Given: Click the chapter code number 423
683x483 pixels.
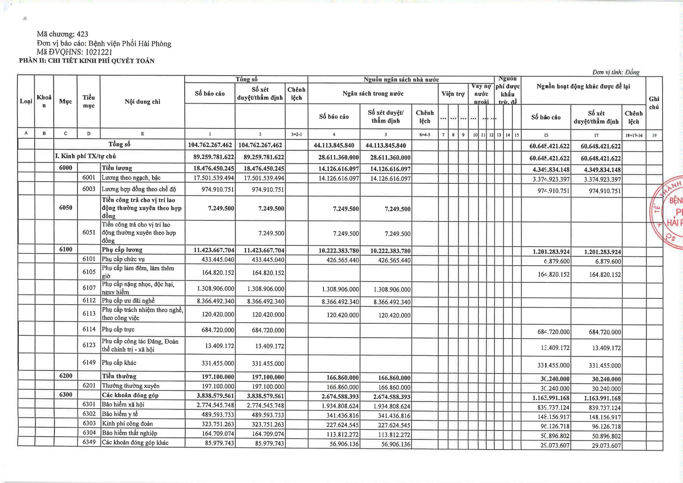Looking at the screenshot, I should click(82, 34).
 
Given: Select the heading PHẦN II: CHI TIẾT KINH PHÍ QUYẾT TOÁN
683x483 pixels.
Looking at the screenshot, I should click(87, 61).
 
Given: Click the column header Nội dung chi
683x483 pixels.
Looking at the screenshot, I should click(142, 102).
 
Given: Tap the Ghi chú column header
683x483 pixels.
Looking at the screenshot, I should click(654, 103).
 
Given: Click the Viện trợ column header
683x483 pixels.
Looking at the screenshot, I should click(453, 94).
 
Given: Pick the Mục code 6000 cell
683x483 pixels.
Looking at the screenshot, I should click(65, 168).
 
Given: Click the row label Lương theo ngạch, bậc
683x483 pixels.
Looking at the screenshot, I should click(131, 178).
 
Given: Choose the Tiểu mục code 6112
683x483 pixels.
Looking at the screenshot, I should click(89, 300).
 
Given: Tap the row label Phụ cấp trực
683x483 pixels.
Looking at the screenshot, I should click(118, 330).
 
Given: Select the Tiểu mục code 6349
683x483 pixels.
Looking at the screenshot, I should click(89, 442).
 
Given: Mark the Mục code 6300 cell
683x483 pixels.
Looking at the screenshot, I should click(65, 395).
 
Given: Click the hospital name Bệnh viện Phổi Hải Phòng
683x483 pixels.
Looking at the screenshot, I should click(130, 44).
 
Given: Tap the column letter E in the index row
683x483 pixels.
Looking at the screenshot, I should click(142, 134).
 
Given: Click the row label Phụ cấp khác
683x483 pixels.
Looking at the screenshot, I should click(119, 362).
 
